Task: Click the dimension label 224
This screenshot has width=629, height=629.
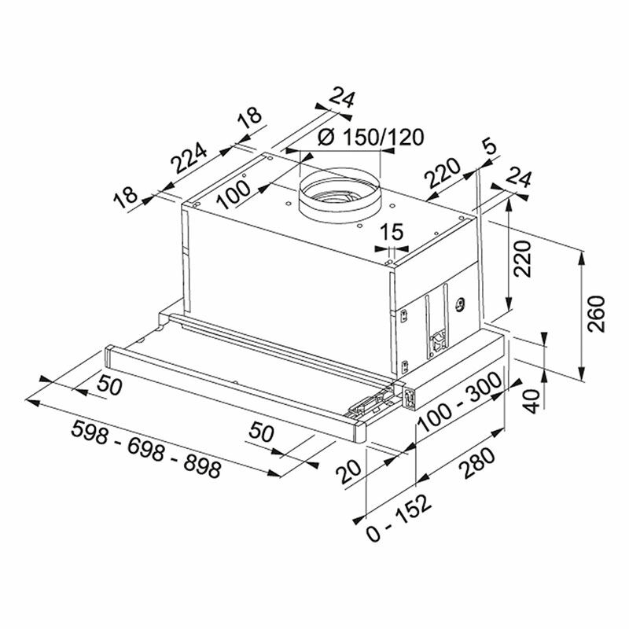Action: coord(189,158)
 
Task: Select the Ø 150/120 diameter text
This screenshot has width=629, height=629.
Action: coord(370,137)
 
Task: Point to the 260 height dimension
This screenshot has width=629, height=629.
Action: coord(596,314)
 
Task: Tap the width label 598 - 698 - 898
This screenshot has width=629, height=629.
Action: coord(146,449)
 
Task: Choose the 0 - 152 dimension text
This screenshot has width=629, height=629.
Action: coord(399,517)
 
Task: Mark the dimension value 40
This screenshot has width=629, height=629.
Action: coord(533,401)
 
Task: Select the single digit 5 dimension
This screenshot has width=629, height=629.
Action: coord(489,147)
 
